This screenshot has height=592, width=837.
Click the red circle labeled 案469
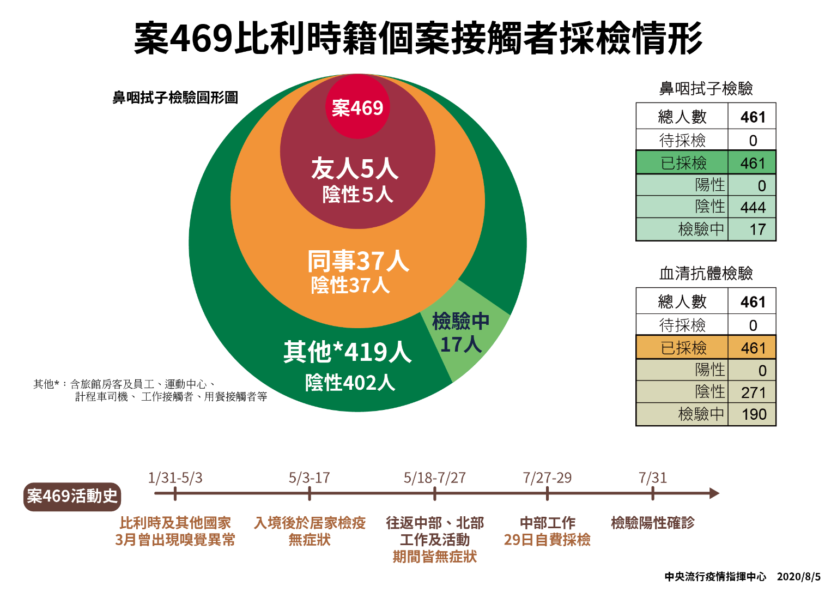tap(357, 107)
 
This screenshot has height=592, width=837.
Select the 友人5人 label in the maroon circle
tap(355, 168)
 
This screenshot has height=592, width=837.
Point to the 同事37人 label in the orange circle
tap(358, 261)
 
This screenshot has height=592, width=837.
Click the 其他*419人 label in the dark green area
tap(347, 352)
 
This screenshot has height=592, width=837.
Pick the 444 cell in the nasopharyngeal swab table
tap(753, 207)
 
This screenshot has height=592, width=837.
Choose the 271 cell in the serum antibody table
tap(753, 392)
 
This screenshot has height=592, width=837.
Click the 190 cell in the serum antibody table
tap(754, 414)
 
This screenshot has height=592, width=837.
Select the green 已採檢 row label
tap(683, 163)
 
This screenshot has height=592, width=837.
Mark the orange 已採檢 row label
tap(683, 348)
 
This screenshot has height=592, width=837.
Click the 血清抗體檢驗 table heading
tap(706, 273)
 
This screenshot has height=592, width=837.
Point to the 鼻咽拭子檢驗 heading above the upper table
tap(706, 88)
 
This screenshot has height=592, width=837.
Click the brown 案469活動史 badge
tap(72, 496)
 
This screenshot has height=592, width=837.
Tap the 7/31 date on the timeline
tap(652, 478)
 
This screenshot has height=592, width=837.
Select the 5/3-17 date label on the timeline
tap(309, 478)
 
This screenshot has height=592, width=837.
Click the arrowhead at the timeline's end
tap(714, 493)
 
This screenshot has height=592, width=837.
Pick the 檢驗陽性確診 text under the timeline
tap(652, 523)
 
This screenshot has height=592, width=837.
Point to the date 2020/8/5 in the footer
tap(798, 577)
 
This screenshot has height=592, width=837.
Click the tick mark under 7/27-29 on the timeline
tap(547, 494)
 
